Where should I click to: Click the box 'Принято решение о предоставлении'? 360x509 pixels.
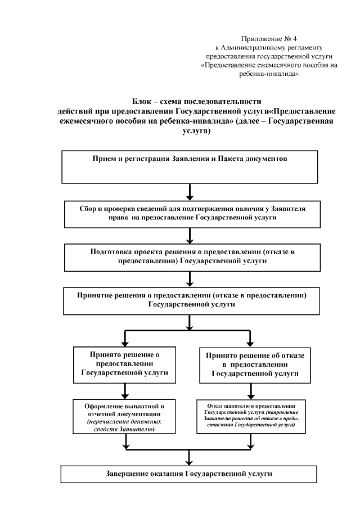pyautogui.click(x=125, y=363)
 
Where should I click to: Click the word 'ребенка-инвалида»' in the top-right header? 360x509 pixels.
pyautogui.click(x=269, y=74)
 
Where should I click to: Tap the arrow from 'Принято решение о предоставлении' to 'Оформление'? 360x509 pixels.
pyautogui.click(x=125, y=389)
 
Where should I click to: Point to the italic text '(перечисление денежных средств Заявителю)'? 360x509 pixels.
pyautogui.click(x=125, y=425)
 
